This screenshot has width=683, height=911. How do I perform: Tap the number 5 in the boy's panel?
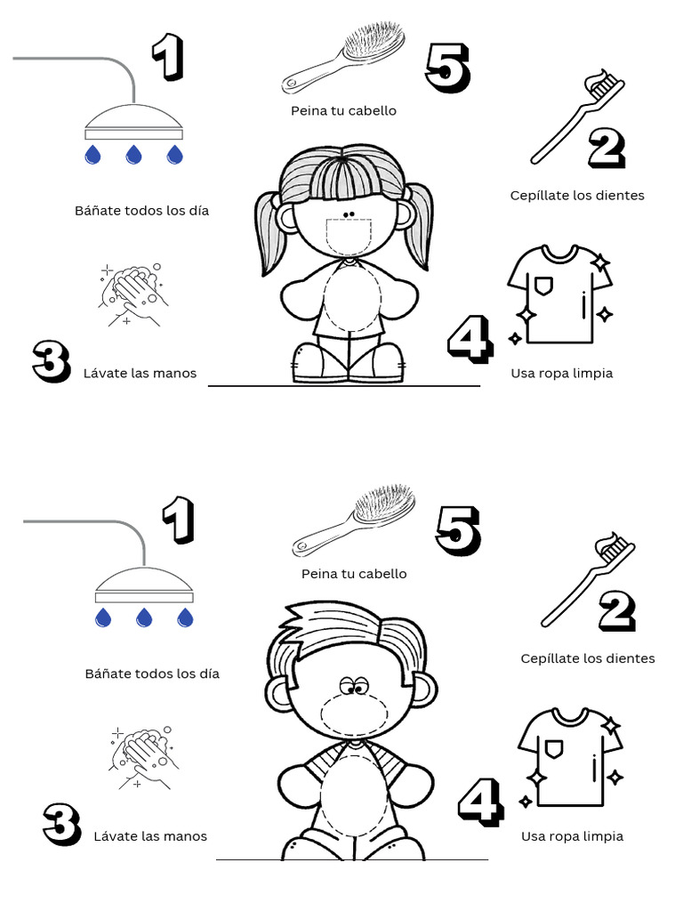(x=458, y=530)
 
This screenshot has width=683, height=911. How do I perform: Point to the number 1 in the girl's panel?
(x=167, y=58)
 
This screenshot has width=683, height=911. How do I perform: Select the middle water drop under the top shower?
(x=133, y=156)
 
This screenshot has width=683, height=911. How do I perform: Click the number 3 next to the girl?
(x=52, y=360)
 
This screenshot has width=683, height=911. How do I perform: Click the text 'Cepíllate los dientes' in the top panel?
(x=577, y=195)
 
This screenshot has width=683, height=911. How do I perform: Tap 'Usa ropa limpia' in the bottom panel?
(x=572, y=836)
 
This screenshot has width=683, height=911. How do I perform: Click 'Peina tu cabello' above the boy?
(x=354, y=574)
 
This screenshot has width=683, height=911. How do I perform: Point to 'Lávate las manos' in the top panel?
(x=140, y=374)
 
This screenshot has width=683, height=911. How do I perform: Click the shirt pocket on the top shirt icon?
(x=543, y=285)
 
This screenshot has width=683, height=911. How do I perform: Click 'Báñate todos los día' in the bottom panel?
(x=152, y=673)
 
